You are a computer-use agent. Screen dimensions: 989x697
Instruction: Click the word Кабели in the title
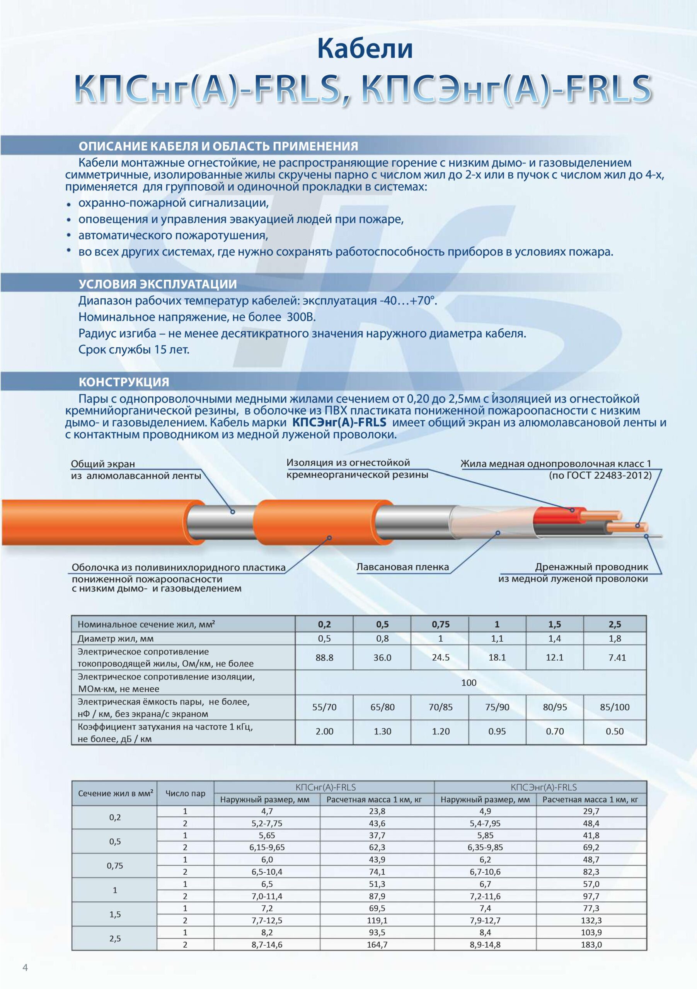[x=365, y=49]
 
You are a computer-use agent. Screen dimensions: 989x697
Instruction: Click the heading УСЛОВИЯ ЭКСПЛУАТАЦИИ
[x=157, y=284]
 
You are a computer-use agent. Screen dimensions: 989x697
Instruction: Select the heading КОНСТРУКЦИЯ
[x=124, y=382]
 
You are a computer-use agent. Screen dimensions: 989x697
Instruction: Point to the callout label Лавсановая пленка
[x=402, y=567]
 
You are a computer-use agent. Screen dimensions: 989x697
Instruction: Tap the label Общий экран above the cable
[x=102, y=464]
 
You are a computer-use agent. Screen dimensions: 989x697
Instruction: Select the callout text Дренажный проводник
[x=591, y=567]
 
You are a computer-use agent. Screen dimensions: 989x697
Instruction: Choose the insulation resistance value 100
[x=469, y=683]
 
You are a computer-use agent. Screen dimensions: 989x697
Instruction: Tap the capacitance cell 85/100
[x=615, y=707]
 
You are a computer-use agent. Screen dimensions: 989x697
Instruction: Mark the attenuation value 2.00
[x=324, y=731]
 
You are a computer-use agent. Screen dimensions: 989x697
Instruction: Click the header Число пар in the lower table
[x=185, y=794]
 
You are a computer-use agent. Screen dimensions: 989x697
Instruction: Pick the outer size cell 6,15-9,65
[x=267, y=847]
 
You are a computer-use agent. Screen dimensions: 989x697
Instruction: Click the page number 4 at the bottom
[x=25, y=967]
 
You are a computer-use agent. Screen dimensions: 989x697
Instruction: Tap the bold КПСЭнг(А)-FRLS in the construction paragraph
[x=339, y=423]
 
